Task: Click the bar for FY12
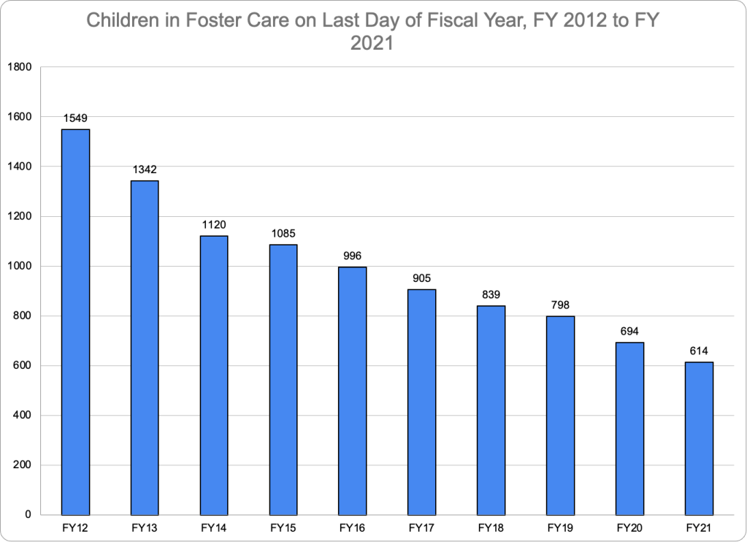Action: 76,321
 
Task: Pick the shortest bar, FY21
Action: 699,438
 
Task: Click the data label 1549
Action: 76,118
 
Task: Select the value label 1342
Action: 145,169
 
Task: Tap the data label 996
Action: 352,256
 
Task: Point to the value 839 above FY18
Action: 491,294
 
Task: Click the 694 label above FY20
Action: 629,331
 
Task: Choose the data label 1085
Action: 283,234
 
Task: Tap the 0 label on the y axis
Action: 27,515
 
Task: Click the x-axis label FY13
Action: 145,527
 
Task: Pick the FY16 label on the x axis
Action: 352,527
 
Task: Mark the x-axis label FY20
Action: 629,527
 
